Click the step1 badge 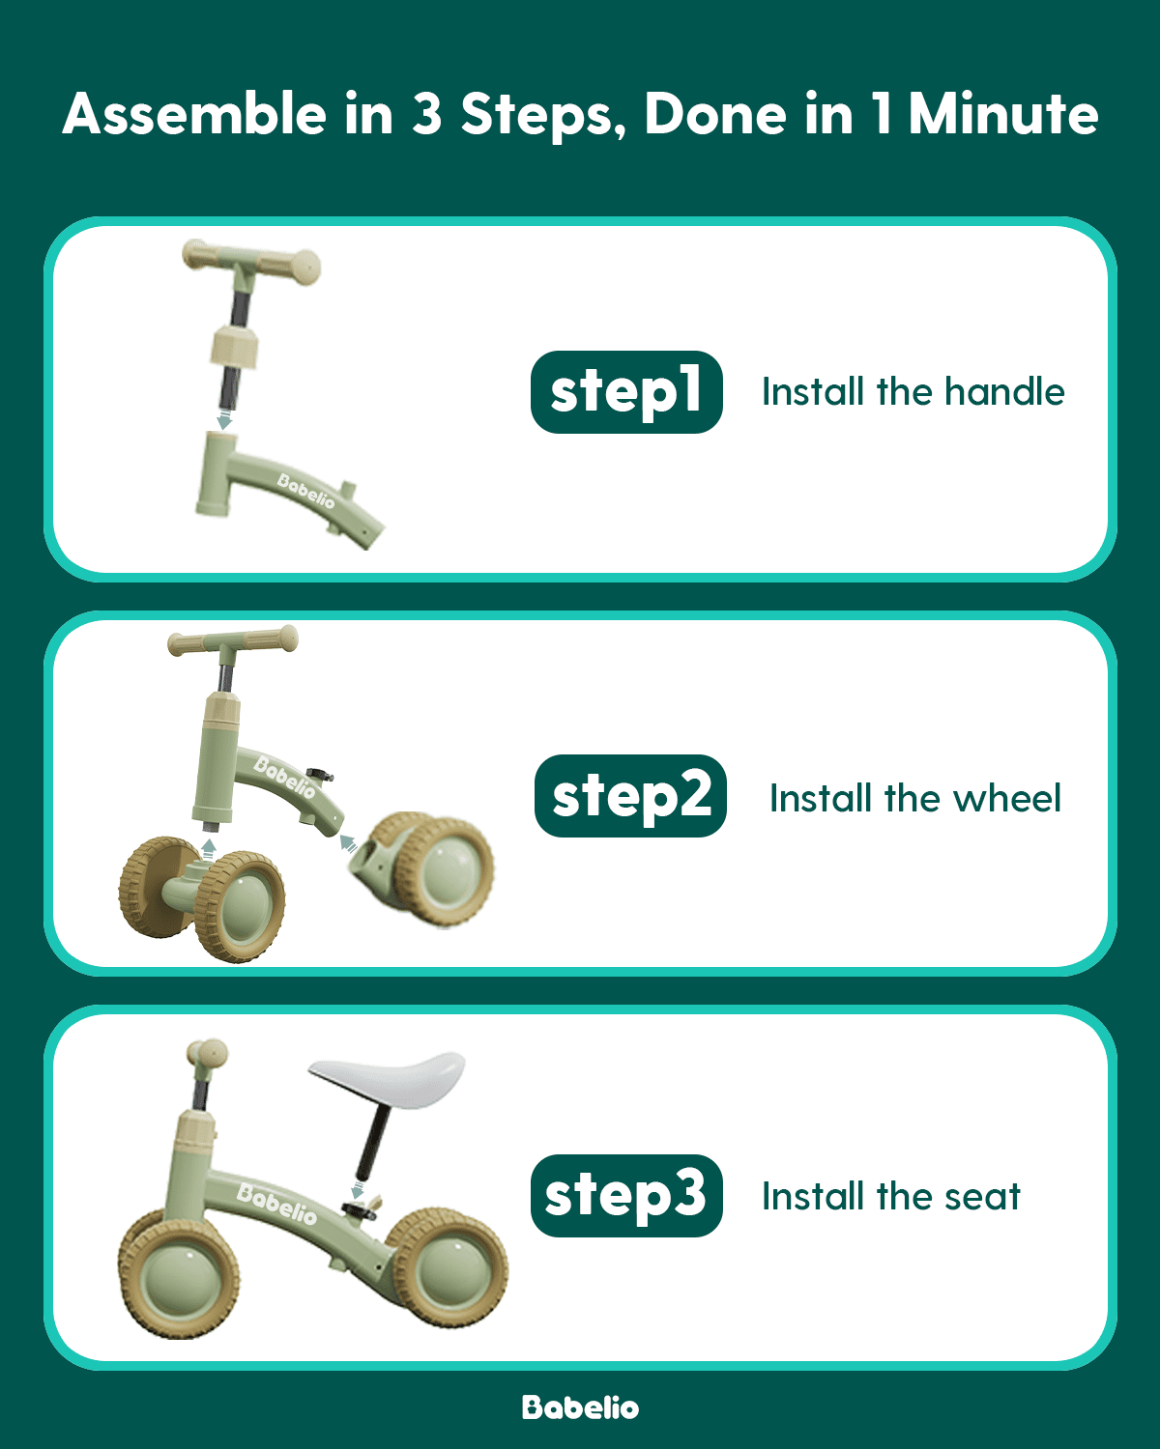pyautogui.click(x=626, y=392)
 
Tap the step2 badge pyautogui.click(x=630, y=796)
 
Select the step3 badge pyautogui.click(x=626, y=1196)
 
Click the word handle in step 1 pyautogui.click(x=1004, y=392)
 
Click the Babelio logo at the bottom pyautogui.click(x=580, y=1407)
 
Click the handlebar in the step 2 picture pyautogui.click(x=233, y=641)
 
